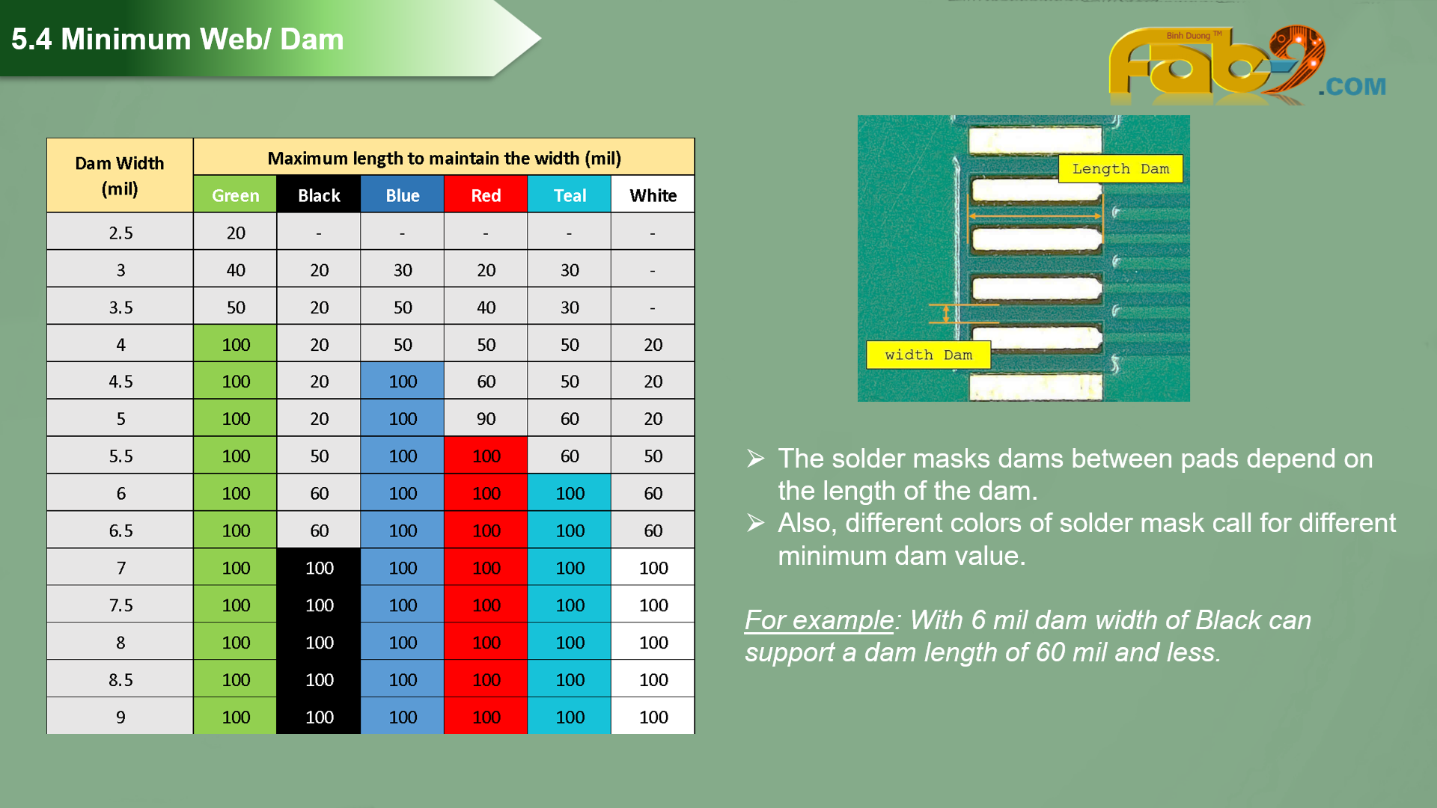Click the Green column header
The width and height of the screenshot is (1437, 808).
coord(235,195)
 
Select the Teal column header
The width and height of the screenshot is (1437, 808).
coord(570,195)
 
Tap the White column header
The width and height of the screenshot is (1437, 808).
coord(653,195)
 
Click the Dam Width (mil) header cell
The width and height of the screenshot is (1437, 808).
coord(120,175)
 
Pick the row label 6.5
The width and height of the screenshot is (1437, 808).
coord(120,530)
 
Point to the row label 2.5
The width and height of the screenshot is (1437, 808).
coord(120,233)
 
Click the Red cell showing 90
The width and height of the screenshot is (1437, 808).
coord(486,418)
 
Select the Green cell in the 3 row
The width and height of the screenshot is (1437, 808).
coord(235,269)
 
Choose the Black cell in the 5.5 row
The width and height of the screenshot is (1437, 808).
coord(319,456)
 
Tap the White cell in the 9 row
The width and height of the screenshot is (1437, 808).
coord(653,717)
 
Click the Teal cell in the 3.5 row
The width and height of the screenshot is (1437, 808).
coord(570,307)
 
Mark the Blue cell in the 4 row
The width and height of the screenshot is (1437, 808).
coord(403,344)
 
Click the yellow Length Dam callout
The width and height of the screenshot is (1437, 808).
coord(1120,169)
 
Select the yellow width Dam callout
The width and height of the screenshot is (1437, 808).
coord(928,355)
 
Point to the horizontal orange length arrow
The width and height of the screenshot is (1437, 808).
coord(1035,216)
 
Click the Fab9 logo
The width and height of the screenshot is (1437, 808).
coord(1246,66)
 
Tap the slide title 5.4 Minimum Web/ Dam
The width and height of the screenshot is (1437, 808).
coord(177,39)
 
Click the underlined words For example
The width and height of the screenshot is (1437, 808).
coord(819,620)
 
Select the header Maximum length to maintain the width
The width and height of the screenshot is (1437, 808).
coord(444,158)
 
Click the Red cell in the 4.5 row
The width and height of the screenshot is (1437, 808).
coord(486,381)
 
